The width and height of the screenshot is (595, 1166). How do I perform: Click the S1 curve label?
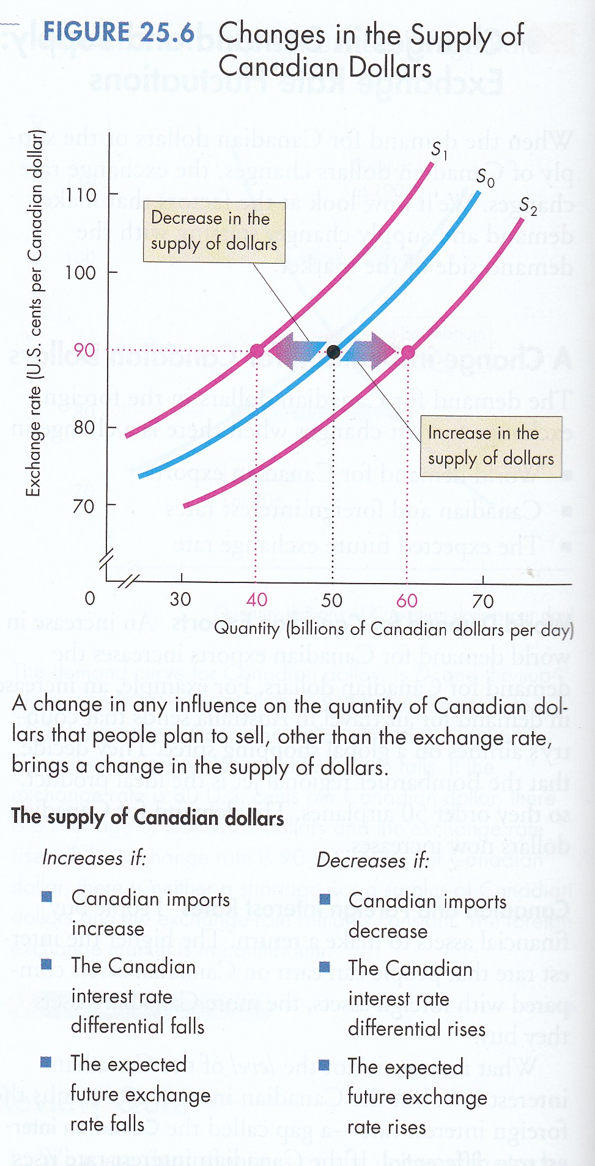438,150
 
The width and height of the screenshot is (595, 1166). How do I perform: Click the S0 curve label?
485,178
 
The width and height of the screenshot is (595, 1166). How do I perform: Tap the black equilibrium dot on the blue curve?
333,351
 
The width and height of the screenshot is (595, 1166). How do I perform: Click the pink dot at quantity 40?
257,351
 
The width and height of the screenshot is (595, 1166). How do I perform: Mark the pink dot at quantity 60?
408,352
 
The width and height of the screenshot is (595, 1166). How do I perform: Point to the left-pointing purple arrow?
296,351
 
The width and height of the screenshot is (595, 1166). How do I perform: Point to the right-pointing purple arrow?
369,351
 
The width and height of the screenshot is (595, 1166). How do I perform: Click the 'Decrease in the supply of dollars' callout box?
214,232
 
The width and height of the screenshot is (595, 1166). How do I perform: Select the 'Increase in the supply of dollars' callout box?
490,446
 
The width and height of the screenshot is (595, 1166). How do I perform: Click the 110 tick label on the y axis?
81,195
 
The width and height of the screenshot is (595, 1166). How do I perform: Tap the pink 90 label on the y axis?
84,351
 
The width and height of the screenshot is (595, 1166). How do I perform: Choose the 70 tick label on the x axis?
482,601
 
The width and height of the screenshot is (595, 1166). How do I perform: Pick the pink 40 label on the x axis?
257,600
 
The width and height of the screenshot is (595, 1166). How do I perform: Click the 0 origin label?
90,598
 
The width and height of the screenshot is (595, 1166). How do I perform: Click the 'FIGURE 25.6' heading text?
119,32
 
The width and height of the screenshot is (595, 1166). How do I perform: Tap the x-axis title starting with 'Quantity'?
393,629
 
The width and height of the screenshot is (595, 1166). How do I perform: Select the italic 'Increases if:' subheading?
94,858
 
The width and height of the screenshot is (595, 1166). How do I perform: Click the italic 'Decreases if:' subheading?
372,860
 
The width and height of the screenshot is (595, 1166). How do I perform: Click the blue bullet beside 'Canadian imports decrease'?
325,899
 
